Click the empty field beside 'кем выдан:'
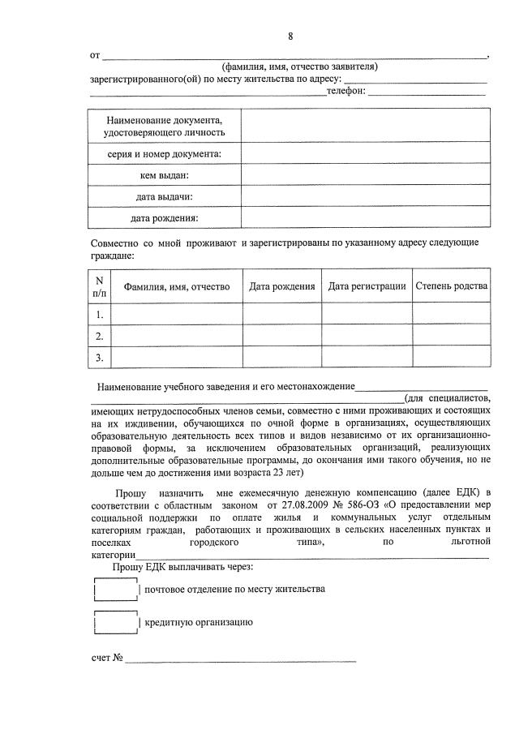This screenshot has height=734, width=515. coord(365,174)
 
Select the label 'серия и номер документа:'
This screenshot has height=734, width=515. coord(165,153)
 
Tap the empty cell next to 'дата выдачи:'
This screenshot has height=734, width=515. coord(365,196)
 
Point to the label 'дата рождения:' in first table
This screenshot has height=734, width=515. coord(165,218)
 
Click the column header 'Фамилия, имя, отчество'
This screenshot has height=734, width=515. coord(176,286)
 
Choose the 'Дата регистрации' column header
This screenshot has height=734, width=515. coord(367,286)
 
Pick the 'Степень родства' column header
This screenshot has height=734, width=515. coord(451,286)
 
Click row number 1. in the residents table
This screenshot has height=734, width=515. coord(100,314)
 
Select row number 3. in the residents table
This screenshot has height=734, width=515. coord(100,357)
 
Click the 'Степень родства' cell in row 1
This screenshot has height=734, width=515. coord(451,314)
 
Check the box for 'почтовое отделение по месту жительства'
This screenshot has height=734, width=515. coord(116,589)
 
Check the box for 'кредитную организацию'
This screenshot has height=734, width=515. coord(116,623)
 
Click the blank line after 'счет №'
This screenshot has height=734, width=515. coord(240,658)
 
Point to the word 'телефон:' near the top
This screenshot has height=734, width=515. coord(345,92)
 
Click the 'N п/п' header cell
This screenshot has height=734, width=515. coord(100,286)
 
